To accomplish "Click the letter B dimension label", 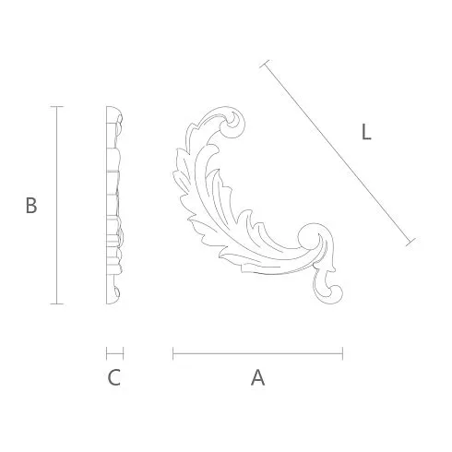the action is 31,206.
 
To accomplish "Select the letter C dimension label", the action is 114,378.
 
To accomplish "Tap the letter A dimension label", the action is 257,378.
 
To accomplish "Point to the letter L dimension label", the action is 366,132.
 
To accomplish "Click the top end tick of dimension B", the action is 57,107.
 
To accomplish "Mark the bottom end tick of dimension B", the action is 57,303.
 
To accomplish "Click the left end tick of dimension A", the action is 173,353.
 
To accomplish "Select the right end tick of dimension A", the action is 342,353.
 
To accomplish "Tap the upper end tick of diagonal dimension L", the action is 265,64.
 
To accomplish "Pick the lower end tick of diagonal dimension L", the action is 410,242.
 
